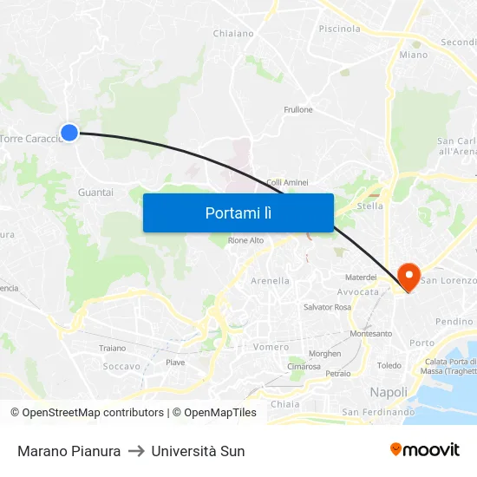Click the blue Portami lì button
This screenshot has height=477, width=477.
click(x=238, y=212)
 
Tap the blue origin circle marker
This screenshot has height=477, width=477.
click(x=69, y=133)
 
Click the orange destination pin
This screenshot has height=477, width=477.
click(x=408, y=276)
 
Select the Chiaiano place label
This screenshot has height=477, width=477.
click(x=233, y=34)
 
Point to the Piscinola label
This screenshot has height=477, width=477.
click(x=339, y=29)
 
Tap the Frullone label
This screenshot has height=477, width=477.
click(x=298, y=110)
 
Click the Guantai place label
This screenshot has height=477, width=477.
click(x=95, y=193)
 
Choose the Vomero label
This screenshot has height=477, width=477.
click(x=271, y=347)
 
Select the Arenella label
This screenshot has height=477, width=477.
click(x=270, y=281)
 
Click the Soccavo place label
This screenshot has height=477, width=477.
click(x=121, y=366)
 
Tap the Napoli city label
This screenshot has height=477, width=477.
click(x=389, y=392)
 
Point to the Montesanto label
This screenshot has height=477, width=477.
click(x=371, y=334)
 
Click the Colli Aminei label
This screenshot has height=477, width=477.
click(x=287, y=182)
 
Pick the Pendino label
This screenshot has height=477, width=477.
click(x=454, y=322)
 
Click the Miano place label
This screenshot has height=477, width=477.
click(x=414, y=55)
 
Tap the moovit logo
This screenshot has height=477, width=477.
click(x=425, y=450)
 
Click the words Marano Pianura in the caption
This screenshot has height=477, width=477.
click(x=69, y=451)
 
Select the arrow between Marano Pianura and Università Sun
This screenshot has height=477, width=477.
click(x=136, y=451)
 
